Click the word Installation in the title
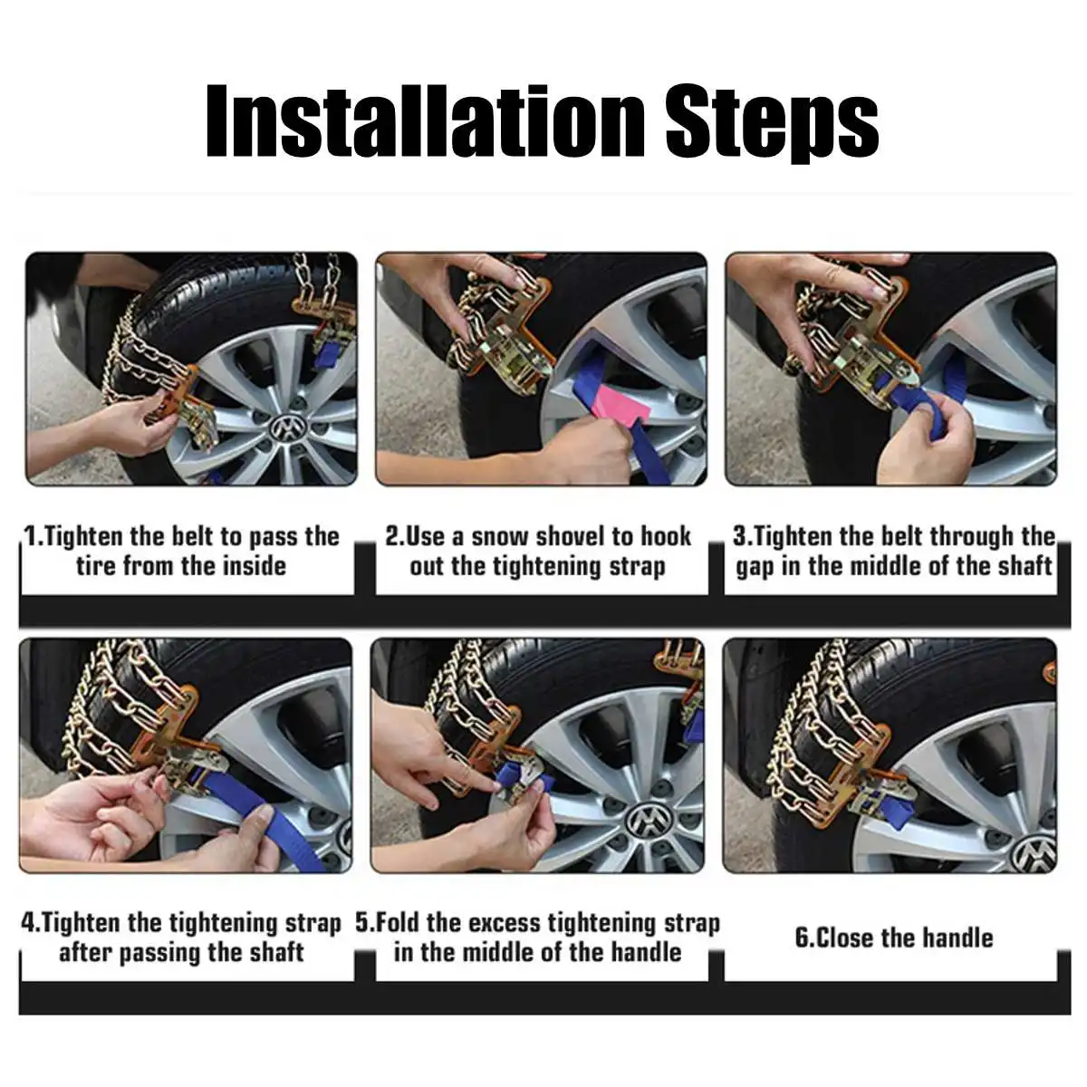click(425, 121)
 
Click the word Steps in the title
click(773, 125)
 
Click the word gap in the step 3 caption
click(755, 567)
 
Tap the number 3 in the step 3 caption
click(739, 535)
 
